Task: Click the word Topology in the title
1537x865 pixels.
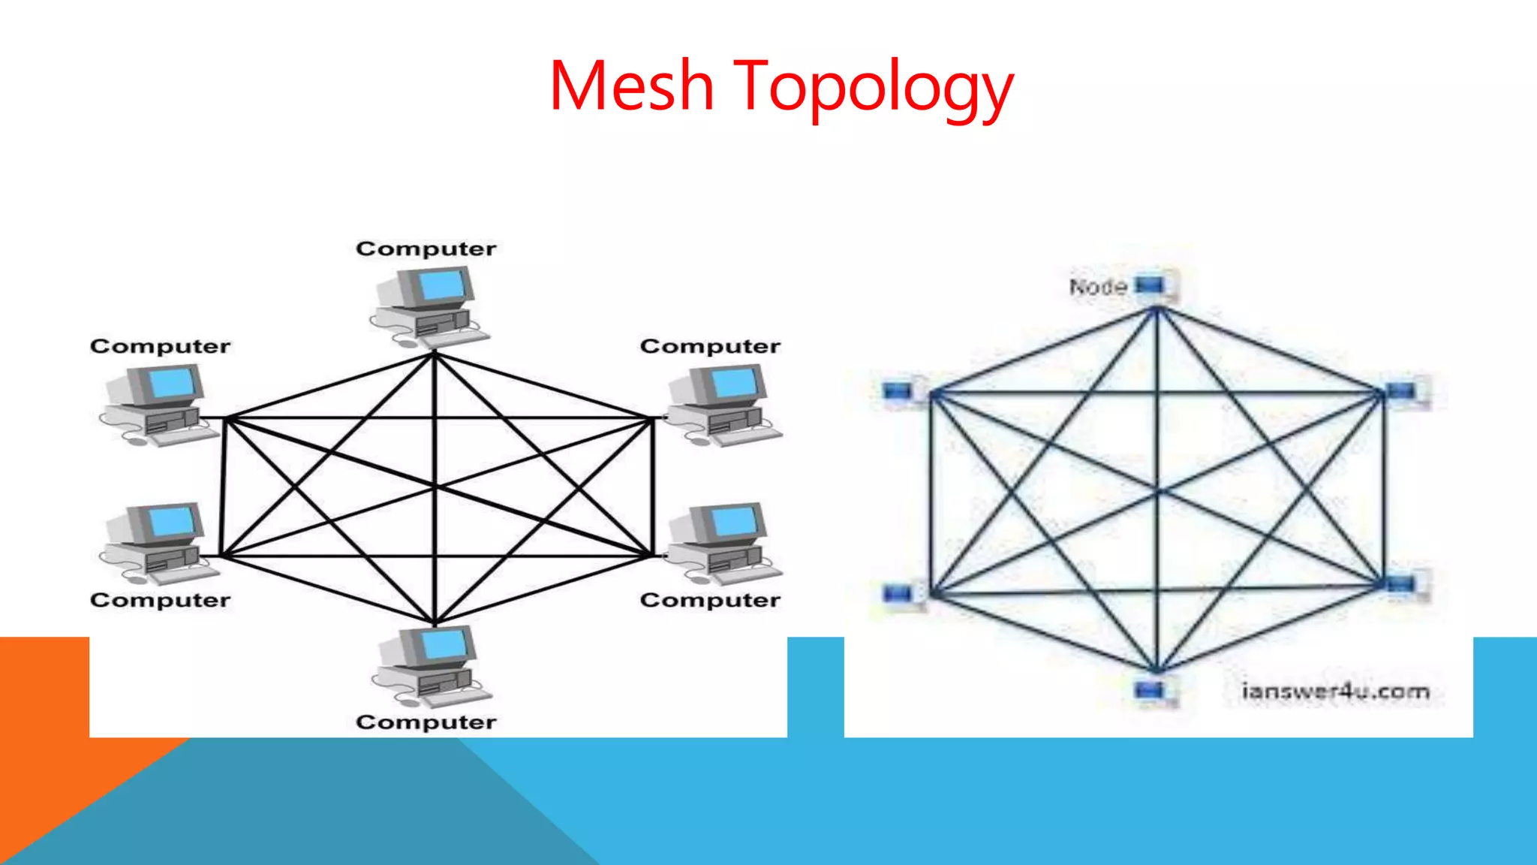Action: coord(873,89)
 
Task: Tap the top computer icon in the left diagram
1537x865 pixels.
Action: coord(429,306)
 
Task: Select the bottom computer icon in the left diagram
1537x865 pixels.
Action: coord(430,665)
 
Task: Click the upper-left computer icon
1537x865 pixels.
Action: coord(156,405)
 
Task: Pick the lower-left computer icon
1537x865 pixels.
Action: coord(156,543)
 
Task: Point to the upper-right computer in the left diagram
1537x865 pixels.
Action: coord(721,405)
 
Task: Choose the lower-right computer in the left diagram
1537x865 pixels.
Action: coord(721,543)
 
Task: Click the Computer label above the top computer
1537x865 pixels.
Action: coord(426,249)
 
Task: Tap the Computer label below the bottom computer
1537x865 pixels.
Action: coord(426,722)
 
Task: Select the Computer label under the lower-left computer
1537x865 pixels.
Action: coord(160,600)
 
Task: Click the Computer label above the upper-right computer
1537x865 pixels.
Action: coord(710,346)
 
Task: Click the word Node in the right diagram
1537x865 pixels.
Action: coord(1098,287)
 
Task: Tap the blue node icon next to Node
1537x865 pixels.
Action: coord(1151,286)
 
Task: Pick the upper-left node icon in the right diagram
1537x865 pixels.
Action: coord(898,391)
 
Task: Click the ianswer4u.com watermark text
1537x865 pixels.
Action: coord(1335,691)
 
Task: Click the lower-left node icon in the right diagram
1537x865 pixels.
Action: coord(898,594)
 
